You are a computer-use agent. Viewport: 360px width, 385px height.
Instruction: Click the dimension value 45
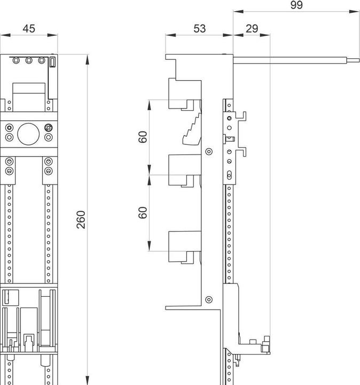click(x=29, y=28)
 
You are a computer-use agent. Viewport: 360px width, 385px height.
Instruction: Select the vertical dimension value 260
click(x=81, y=219)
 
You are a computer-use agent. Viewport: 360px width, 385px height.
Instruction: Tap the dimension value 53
click(x=199, y=28)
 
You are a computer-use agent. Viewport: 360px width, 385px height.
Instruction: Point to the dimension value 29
click(x=252, y=28)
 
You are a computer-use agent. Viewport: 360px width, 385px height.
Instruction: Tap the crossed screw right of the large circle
click(x=49, y=128)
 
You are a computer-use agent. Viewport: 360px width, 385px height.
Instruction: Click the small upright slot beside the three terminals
click(x=52, y=63)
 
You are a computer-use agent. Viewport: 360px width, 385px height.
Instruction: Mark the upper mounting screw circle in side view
click(x=209, y=151)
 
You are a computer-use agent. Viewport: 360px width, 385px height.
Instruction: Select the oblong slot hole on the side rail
click(x=230, y=174)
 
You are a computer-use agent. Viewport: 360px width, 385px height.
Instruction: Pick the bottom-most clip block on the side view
click(x=182, y=246)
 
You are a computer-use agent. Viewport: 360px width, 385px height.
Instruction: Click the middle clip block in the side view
click(x=182, y=170)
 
